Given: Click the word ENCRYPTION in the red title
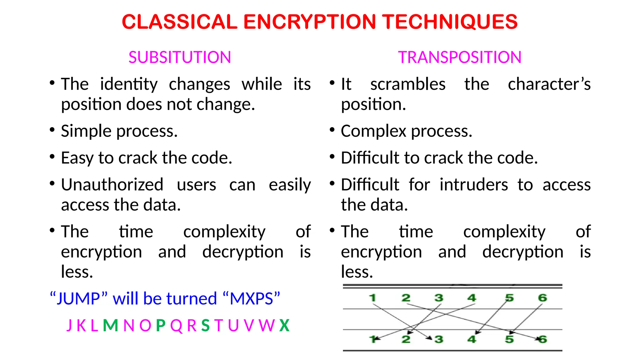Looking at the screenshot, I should (309, 22).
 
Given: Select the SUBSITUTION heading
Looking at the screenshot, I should (180, 57).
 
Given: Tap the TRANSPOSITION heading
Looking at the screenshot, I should (460, 57).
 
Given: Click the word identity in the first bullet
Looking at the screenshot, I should (129, 84).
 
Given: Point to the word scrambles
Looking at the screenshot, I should (408, 84).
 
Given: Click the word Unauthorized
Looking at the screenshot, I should (112, 185).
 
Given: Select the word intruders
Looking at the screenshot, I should (474, 185).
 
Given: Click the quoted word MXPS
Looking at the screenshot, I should (252, 299).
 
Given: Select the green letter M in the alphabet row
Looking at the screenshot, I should (110, 325).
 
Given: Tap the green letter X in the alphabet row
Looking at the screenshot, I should (284, 325).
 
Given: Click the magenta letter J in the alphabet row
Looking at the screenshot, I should (69, 325).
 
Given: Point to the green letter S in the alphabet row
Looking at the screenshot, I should (205, 325).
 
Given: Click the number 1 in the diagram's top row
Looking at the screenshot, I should (372, 298).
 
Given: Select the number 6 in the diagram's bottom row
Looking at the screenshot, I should (542, 339).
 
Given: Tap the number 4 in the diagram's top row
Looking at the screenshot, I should (472, 298).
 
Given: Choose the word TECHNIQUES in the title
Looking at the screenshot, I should (450, 22).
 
